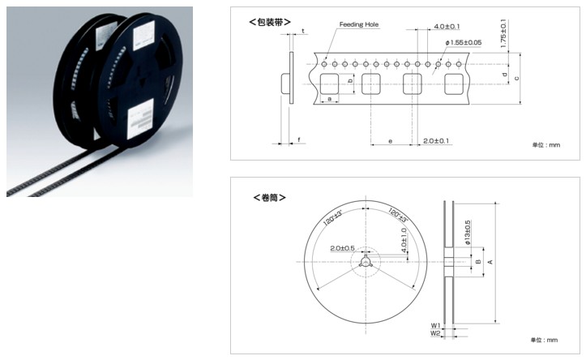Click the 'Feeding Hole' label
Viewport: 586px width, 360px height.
click(x=359, y=24)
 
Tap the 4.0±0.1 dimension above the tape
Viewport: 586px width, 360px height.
click(x=447, y=27)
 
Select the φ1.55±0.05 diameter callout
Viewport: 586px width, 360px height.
click(x=464, y=43)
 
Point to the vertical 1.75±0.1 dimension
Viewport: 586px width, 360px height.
click(x=503, y=33)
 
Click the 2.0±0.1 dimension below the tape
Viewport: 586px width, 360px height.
click(x=436, y=141)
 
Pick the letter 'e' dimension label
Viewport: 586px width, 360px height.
click(x=391, y=141)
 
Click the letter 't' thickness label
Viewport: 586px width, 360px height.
click(x=303, y=31)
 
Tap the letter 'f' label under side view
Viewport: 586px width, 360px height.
click(x=299, y=140)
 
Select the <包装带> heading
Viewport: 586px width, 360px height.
click(x=270, y=22)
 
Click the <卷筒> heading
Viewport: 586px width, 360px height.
click(x=269, y=197)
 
